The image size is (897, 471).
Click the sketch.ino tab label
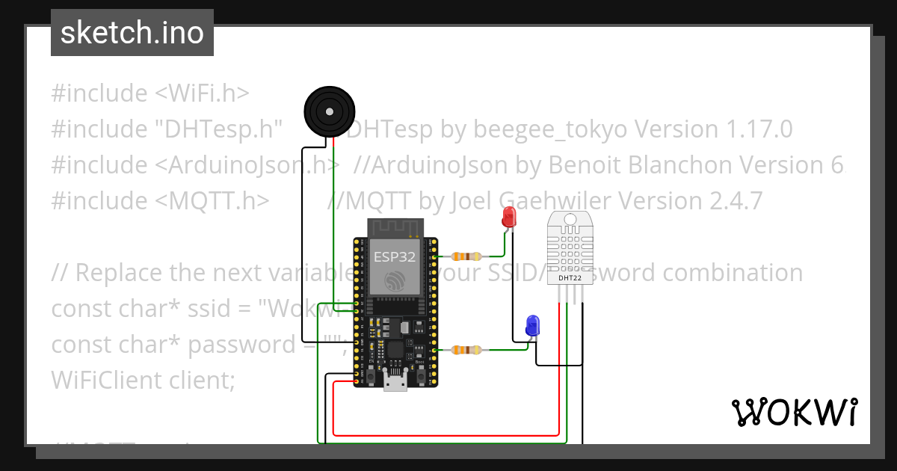tap(132, 34)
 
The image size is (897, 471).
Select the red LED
tap(509, 218)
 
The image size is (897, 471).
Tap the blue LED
tap(533, 325)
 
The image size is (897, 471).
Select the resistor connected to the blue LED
tap(466, 349)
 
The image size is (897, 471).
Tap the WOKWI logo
tap(794, 413)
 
